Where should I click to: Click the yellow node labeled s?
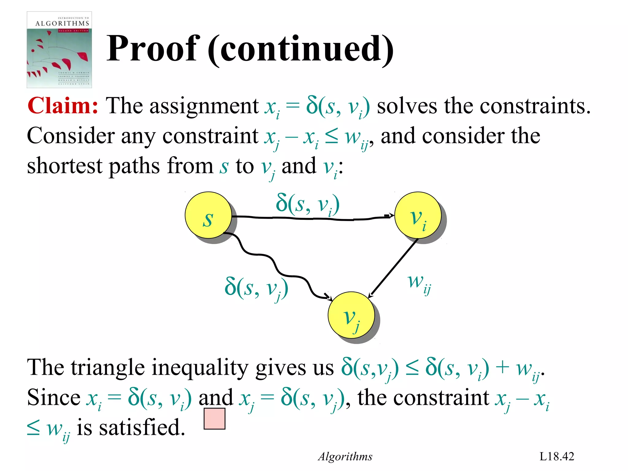[x=208, y=215]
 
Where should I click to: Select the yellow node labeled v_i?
[x=418, y=215]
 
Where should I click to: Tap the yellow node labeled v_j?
[x=351, y=315]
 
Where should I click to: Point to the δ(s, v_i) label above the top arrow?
[x=308, y=205]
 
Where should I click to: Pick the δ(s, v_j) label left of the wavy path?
[x=256, y=288]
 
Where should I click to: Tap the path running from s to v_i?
[x=313, y=218]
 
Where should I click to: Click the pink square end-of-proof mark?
[x=214, y=419]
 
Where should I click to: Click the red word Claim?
[x=63, y=106]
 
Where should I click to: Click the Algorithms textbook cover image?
[x=59, y=50]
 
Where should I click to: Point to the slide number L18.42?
[x=557, y=456]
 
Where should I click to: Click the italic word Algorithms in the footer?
[x=345, y=457]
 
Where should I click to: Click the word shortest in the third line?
[x=64, y=166]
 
